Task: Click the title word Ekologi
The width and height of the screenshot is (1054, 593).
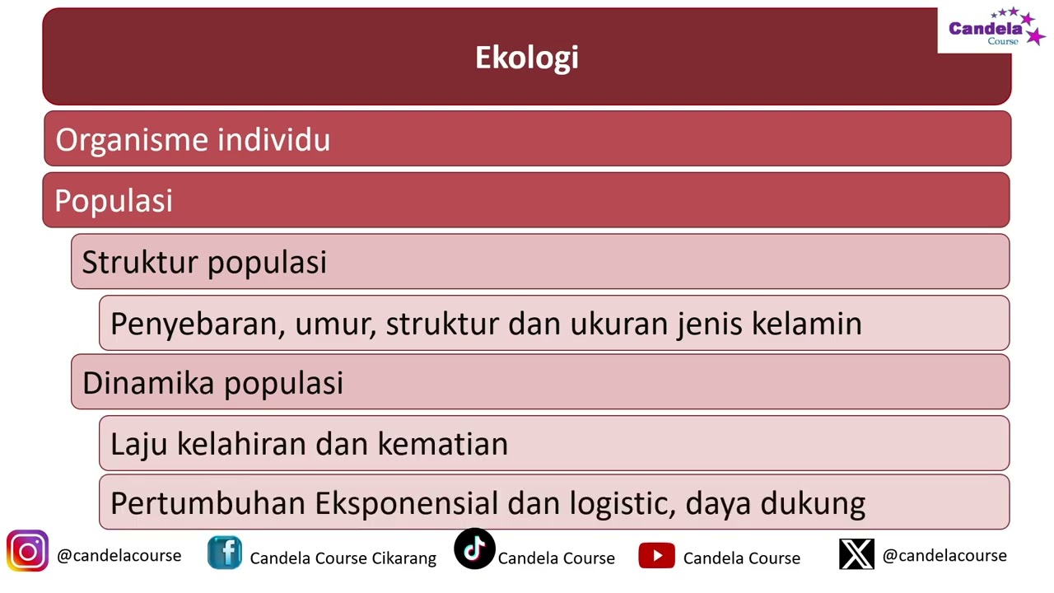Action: pos(527,58)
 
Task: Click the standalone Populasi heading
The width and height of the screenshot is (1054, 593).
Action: pos(114,201)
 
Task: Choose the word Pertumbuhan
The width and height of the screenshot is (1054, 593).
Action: pos(209,503)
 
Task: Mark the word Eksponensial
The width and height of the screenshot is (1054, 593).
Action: pos(407,503)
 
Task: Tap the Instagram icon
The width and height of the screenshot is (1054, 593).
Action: pos(27,552)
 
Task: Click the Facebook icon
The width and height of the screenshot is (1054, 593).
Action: pos(225,553)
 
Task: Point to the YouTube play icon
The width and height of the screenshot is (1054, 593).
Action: pos(656,556)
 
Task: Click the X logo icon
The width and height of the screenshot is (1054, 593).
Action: pos(856,554)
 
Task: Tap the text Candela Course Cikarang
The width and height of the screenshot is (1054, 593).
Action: pos(343,558)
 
